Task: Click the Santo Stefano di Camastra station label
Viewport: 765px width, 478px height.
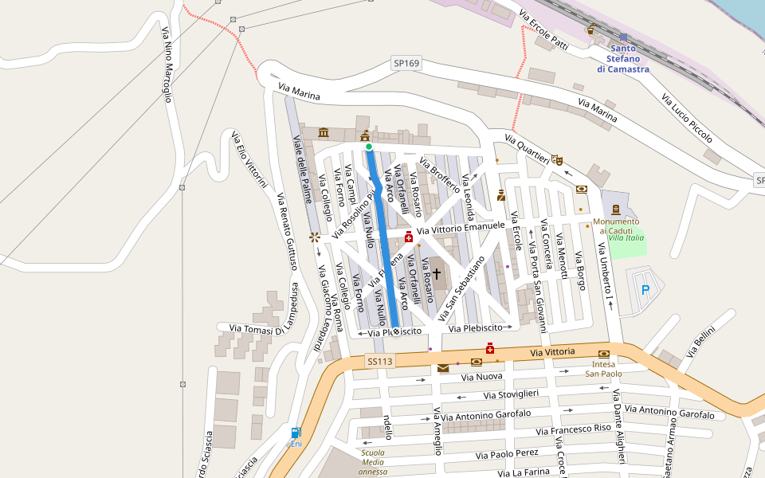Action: (623, 59)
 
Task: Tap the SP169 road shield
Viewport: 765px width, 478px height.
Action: (406, 63)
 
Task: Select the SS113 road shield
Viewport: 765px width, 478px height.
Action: (381, 362)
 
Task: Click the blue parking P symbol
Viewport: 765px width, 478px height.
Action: (645, 291)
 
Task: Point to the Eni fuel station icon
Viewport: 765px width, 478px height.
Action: (296, 433)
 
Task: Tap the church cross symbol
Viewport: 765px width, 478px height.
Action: (437, 273)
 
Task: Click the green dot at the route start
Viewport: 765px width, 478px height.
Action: (369, 147)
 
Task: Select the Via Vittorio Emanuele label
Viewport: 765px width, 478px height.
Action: (460, 228)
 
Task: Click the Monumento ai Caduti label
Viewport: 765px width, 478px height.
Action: (616, 225)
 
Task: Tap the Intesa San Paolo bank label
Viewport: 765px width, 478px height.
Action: (604, 369)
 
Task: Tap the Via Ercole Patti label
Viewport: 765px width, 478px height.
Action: (543, 29)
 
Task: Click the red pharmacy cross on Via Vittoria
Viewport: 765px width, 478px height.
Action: (490, 348)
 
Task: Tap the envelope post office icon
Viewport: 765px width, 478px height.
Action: (443, 368)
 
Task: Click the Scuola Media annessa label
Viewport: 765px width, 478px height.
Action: (373, 462)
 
